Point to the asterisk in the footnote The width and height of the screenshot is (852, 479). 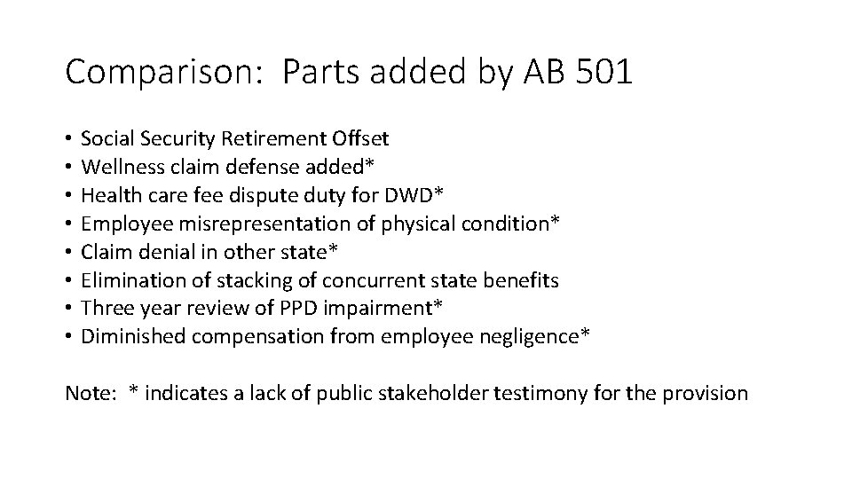133,390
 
